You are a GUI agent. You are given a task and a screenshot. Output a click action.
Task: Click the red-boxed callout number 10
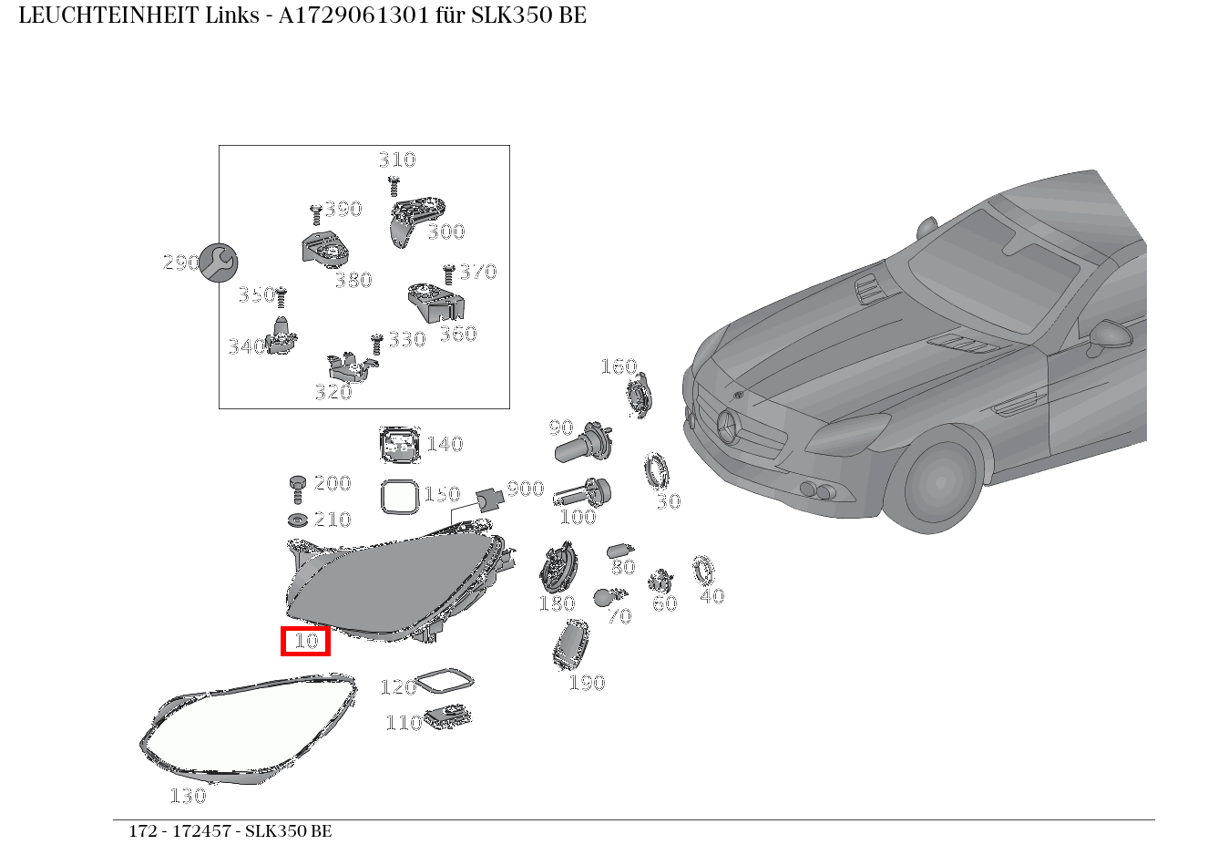point(305,641)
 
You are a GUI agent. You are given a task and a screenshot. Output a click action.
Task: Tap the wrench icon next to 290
point(219,263)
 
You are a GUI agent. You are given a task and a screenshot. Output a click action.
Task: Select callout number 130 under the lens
point(188,796)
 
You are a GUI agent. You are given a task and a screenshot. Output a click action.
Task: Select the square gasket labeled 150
point(399,498)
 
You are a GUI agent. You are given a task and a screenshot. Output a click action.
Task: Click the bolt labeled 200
point(298,487)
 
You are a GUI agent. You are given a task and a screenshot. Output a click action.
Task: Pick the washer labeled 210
point(297,520)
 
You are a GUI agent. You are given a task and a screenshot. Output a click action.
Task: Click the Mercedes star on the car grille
point(729,427)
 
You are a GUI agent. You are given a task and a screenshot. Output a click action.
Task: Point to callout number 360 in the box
point(457,334)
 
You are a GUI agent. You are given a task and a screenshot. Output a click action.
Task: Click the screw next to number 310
point(394,185)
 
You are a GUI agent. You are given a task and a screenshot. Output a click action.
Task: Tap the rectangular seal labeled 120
point(444,682)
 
